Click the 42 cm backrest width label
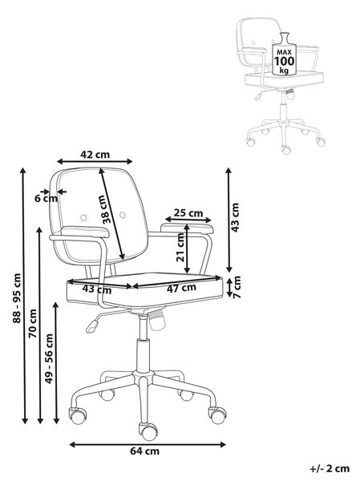click(x=95, y=154)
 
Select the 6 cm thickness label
click(x=46, y=199)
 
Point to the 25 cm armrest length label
click(x=188, y=212)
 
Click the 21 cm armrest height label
click(x=180, y=247)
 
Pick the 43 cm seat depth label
click(x=97, y=289)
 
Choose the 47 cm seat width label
click(x=181, y=288)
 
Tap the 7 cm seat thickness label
click(x=237, y=287)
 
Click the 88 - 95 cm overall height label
click(x=17, y=298)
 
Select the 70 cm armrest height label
click(x=33, y=324)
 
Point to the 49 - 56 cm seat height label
click(x=49, y=358)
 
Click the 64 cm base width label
click(x=145, y=451)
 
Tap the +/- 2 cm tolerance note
click(x=330, y=469)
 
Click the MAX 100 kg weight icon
click(x=284, y=54)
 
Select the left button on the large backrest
click(x=83, y=217)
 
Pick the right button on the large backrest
click(x=123, y=215)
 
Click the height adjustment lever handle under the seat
click(x=92, y=326)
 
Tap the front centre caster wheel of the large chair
click(x=148, y=430)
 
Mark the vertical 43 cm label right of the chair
click(x=235, y=217)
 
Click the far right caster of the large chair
click(x=217, y=415)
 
